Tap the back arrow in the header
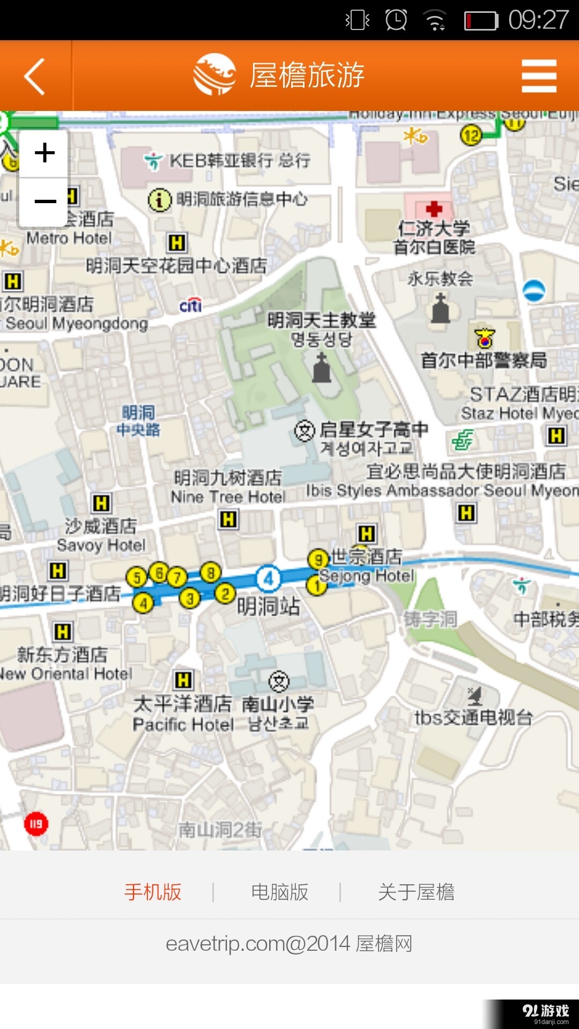34,76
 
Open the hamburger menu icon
539,76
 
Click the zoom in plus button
44,153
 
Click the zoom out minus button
44,202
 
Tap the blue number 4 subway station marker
269,578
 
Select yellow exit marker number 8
211,572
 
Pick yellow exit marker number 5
137,577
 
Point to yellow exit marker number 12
471,135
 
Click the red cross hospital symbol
434,208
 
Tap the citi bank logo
190,305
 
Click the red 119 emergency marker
36,824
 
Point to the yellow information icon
159,200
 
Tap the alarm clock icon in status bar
396,20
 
